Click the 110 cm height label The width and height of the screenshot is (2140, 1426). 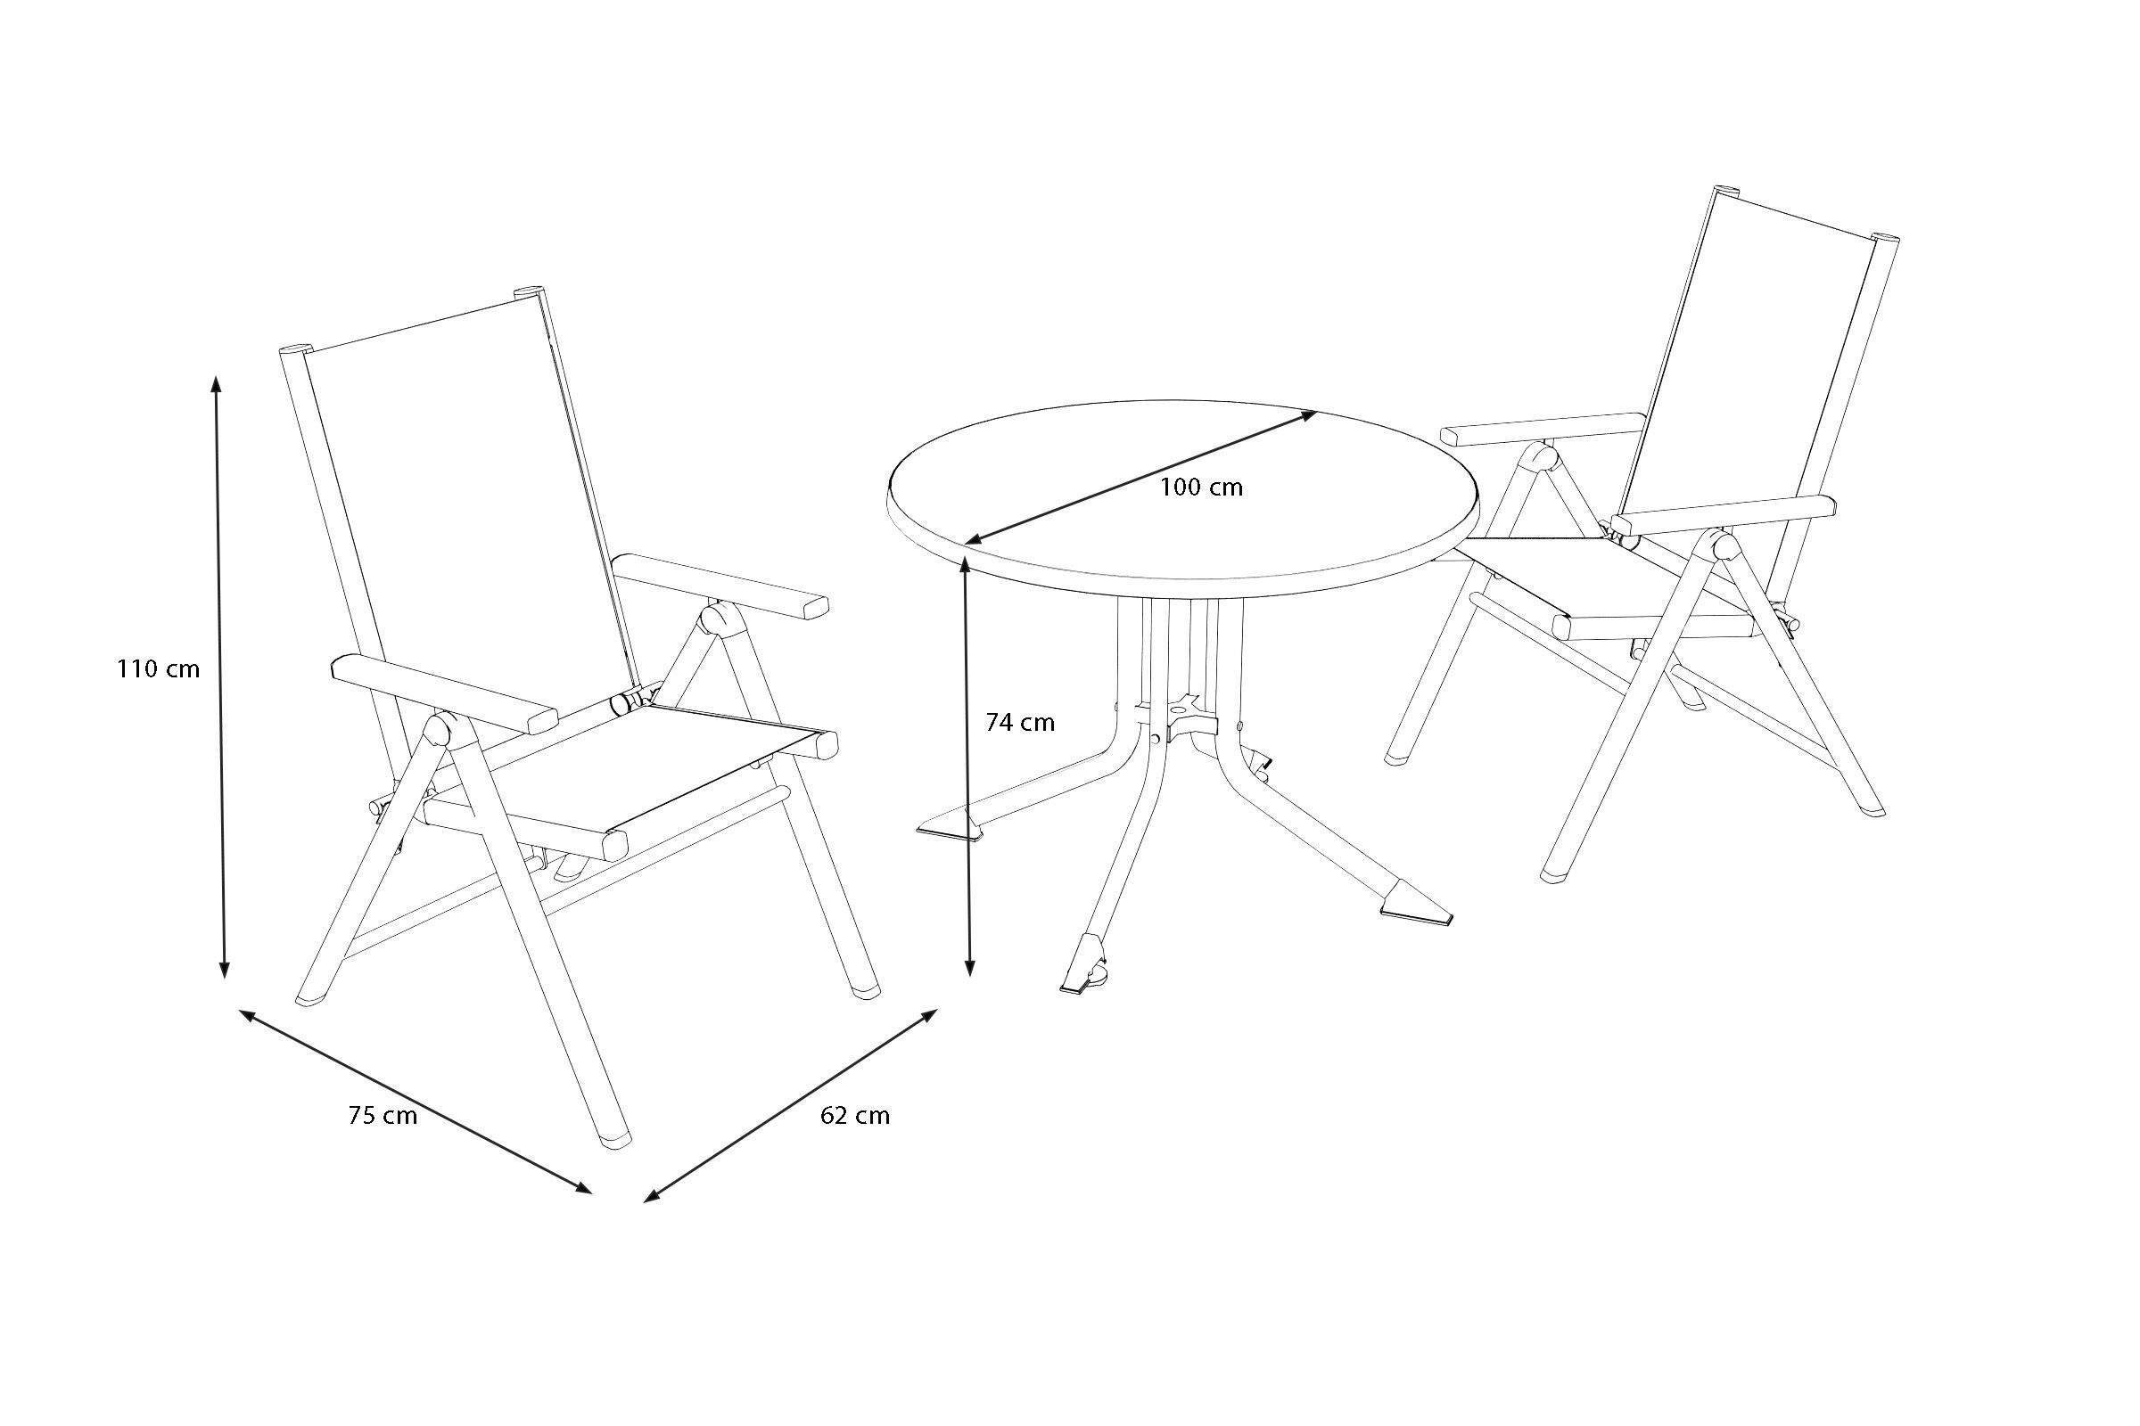coord(159,669)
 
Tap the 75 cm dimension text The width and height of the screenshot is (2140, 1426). coord(383,1116)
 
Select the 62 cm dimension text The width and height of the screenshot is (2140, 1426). coord(855,1116)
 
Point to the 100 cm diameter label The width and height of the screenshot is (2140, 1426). coord(1201,488)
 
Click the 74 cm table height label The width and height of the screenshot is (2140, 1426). coord(1020,722)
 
